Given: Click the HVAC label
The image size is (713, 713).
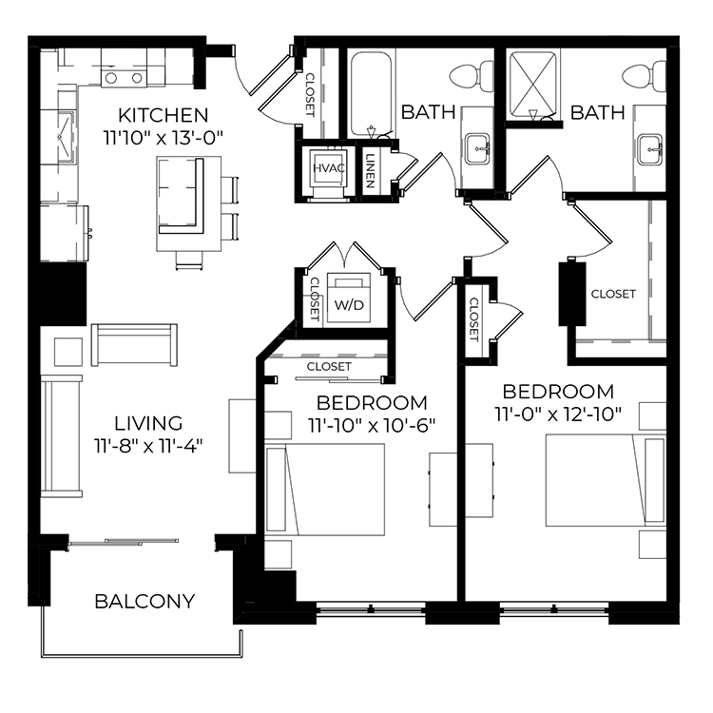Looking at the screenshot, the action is [329, 167].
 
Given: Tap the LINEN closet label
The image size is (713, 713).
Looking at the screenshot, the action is [370, 170].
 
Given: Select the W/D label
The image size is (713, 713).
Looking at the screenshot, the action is [349, 305].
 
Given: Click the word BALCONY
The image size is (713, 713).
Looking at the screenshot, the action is [145, 601].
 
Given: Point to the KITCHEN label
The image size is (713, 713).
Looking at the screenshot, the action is [164, 115].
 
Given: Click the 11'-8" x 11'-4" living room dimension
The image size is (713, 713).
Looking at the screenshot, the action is [148, 446].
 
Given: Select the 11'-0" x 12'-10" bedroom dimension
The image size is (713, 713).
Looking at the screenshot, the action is [558, 414].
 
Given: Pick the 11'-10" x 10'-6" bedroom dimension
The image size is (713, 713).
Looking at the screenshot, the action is [372, 426].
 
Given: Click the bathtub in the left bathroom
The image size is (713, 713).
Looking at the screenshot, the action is [371, 94].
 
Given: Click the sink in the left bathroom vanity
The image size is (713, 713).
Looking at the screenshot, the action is [477, 148].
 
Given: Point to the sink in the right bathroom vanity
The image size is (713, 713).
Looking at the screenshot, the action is [649, 148].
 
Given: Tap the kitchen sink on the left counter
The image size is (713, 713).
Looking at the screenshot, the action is [65, 136].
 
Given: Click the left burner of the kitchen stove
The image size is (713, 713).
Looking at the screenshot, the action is [111, 79].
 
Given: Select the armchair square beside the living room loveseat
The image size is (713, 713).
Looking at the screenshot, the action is [68, 352].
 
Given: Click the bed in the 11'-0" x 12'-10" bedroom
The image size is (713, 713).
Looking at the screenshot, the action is [606, 480].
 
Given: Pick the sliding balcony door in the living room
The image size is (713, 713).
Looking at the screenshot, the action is [123, 542].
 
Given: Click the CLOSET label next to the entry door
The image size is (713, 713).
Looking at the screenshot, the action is [310, 94].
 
